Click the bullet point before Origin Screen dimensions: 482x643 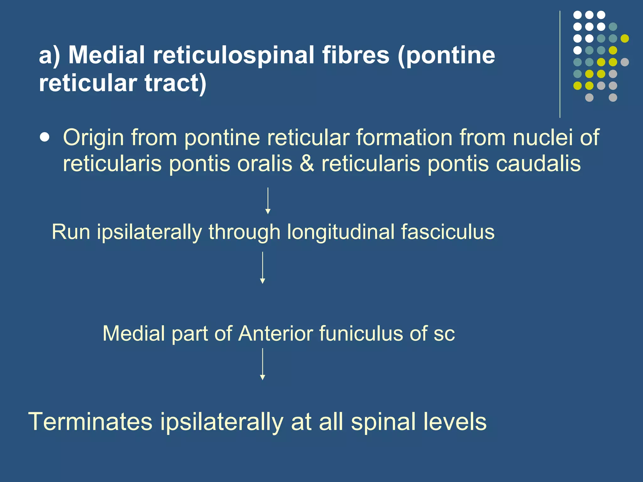(45, 137)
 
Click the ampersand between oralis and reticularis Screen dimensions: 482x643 (307, 164)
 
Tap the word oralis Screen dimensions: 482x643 (264, 164)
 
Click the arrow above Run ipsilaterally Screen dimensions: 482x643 (268, 201)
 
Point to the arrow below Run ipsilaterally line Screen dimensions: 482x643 (262, 268)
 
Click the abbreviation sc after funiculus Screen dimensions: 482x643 (444, 334)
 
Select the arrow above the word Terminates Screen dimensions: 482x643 (262, 364)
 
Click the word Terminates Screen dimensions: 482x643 (90, 422)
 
